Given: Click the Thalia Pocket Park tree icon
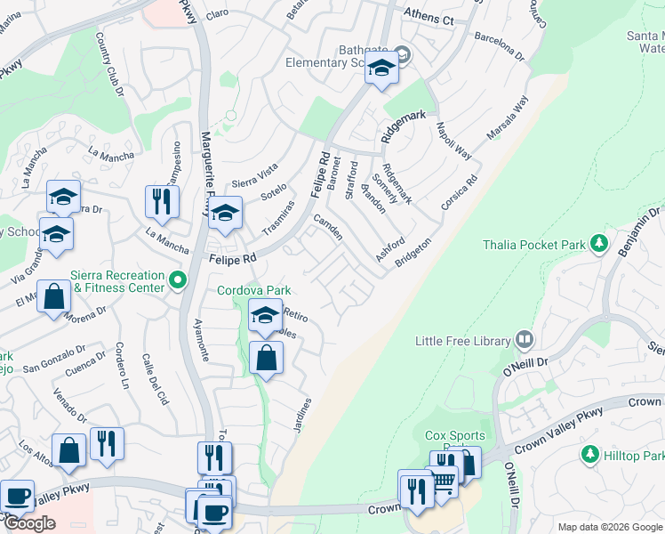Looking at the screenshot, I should click(600, 243).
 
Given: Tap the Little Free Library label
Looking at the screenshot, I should click(463, 341).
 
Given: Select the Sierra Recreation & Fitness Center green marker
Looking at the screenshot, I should click(178, 281).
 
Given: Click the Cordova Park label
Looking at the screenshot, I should click(254, 290).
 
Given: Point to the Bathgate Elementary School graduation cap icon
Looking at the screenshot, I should click(381, 69).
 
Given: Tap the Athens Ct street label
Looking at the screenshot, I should click(429, 18).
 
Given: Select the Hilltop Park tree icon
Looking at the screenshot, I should click(589, 455).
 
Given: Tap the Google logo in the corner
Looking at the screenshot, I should click(29, 523).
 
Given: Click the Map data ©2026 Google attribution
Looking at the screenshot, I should click(609, 527).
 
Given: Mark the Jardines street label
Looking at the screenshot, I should click(302, 416).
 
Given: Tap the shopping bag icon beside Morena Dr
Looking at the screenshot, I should click(54, 296).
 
